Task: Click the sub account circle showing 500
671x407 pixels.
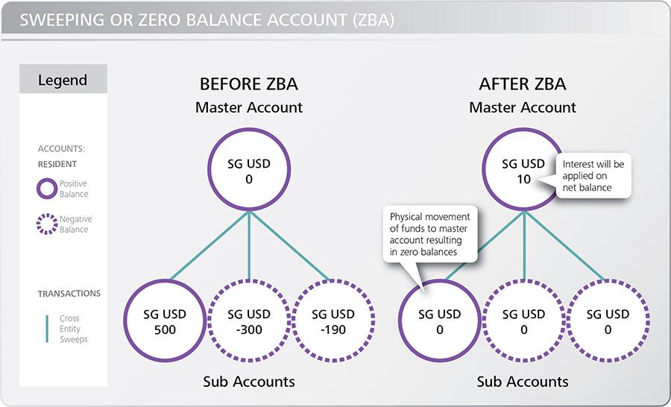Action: [x=165, y=321]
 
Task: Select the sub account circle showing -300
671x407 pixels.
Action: [x=249, y=321]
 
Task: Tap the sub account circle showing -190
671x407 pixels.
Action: [x=332, y=321]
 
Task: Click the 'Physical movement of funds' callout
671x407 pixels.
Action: [x=430, y=234]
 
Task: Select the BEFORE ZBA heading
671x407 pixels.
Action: [x=249, y=83]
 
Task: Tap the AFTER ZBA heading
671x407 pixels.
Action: [x=523, y=83]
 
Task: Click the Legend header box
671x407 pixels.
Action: [x=63, y=80]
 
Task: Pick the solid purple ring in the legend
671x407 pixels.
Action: [x=46, y=189]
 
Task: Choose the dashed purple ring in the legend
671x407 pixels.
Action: [x=46, y=224]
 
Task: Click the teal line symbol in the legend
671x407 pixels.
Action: [x=47, y=329]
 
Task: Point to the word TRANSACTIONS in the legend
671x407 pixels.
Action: [x=69, y=294]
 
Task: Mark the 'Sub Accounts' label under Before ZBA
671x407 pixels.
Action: [x=249, y=382]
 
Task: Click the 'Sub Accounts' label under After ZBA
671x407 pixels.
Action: [x=523, y=382]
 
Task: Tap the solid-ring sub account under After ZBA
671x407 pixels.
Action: [x=439, y=321]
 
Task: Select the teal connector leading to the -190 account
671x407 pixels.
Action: [x=291, y=247]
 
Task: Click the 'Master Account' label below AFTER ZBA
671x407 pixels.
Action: [x=523, y=107]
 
